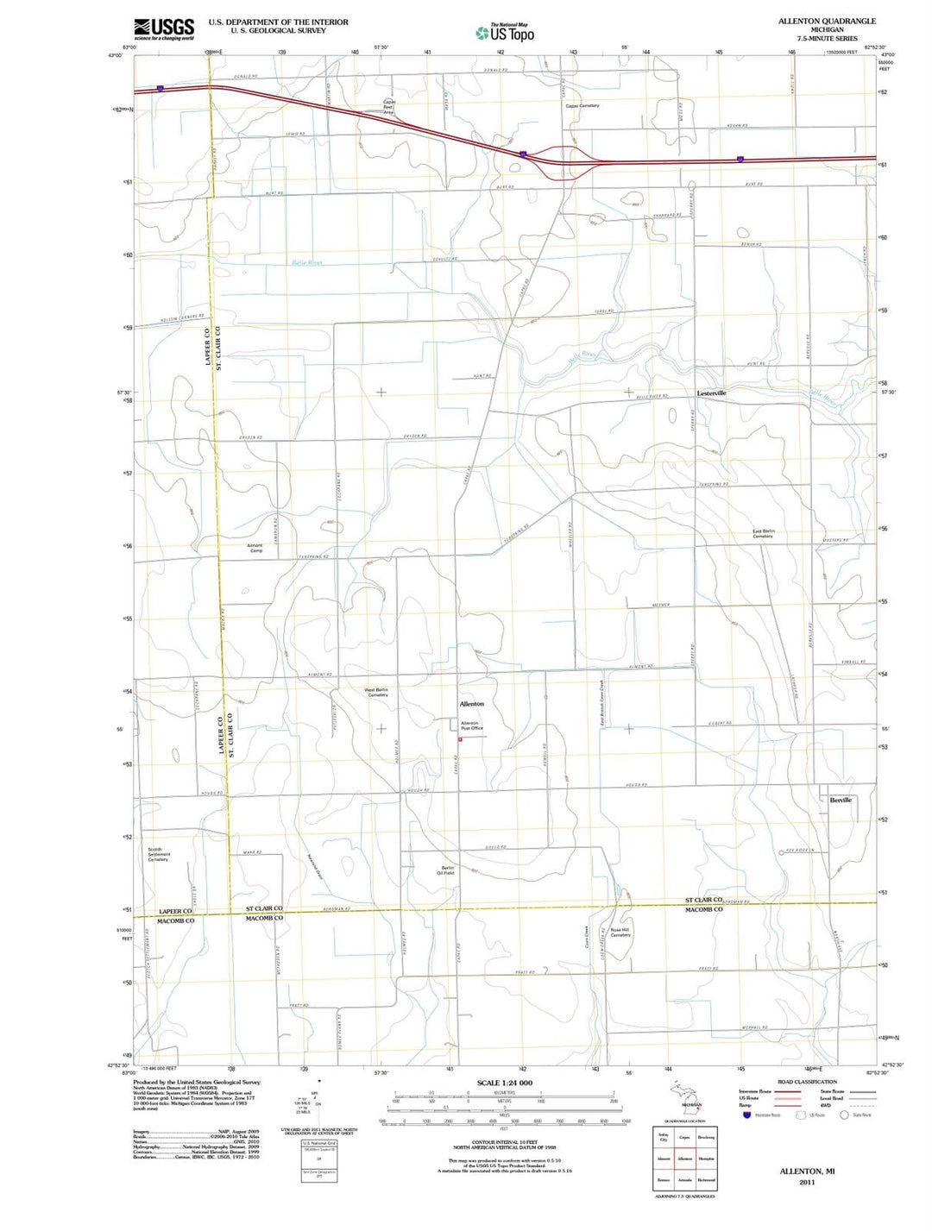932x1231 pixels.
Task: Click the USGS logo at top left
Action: click(x=164, y=29)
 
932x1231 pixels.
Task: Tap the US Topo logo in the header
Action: click(x=505, y=33)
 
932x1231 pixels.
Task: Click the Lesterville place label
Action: click(x=711, y=393)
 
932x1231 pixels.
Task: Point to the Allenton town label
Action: click(x=471, y=704)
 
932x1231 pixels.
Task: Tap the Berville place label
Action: click(x=841, y=800)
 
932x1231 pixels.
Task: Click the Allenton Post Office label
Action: click(x=471, y=725)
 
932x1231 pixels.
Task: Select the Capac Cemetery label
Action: click(x=582, y=106)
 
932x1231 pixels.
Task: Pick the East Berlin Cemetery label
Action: click(x=763, y=533)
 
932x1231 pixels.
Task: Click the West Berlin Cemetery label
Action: click(x=375, y=692)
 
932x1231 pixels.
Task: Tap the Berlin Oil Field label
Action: click(x=447, y=870)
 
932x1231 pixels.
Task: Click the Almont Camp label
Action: click(x=255, y=548)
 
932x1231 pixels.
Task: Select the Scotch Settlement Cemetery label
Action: click(x=158, y=854)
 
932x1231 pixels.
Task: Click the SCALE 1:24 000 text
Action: click(x=505, y=1083)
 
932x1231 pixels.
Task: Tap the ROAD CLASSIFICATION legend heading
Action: click(x=807, y=1082)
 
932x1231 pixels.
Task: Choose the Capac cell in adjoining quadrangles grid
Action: click(x=684, y=1138)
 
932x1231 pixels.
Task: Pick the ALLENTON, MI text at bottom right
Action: click(x=807, y=1171)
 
